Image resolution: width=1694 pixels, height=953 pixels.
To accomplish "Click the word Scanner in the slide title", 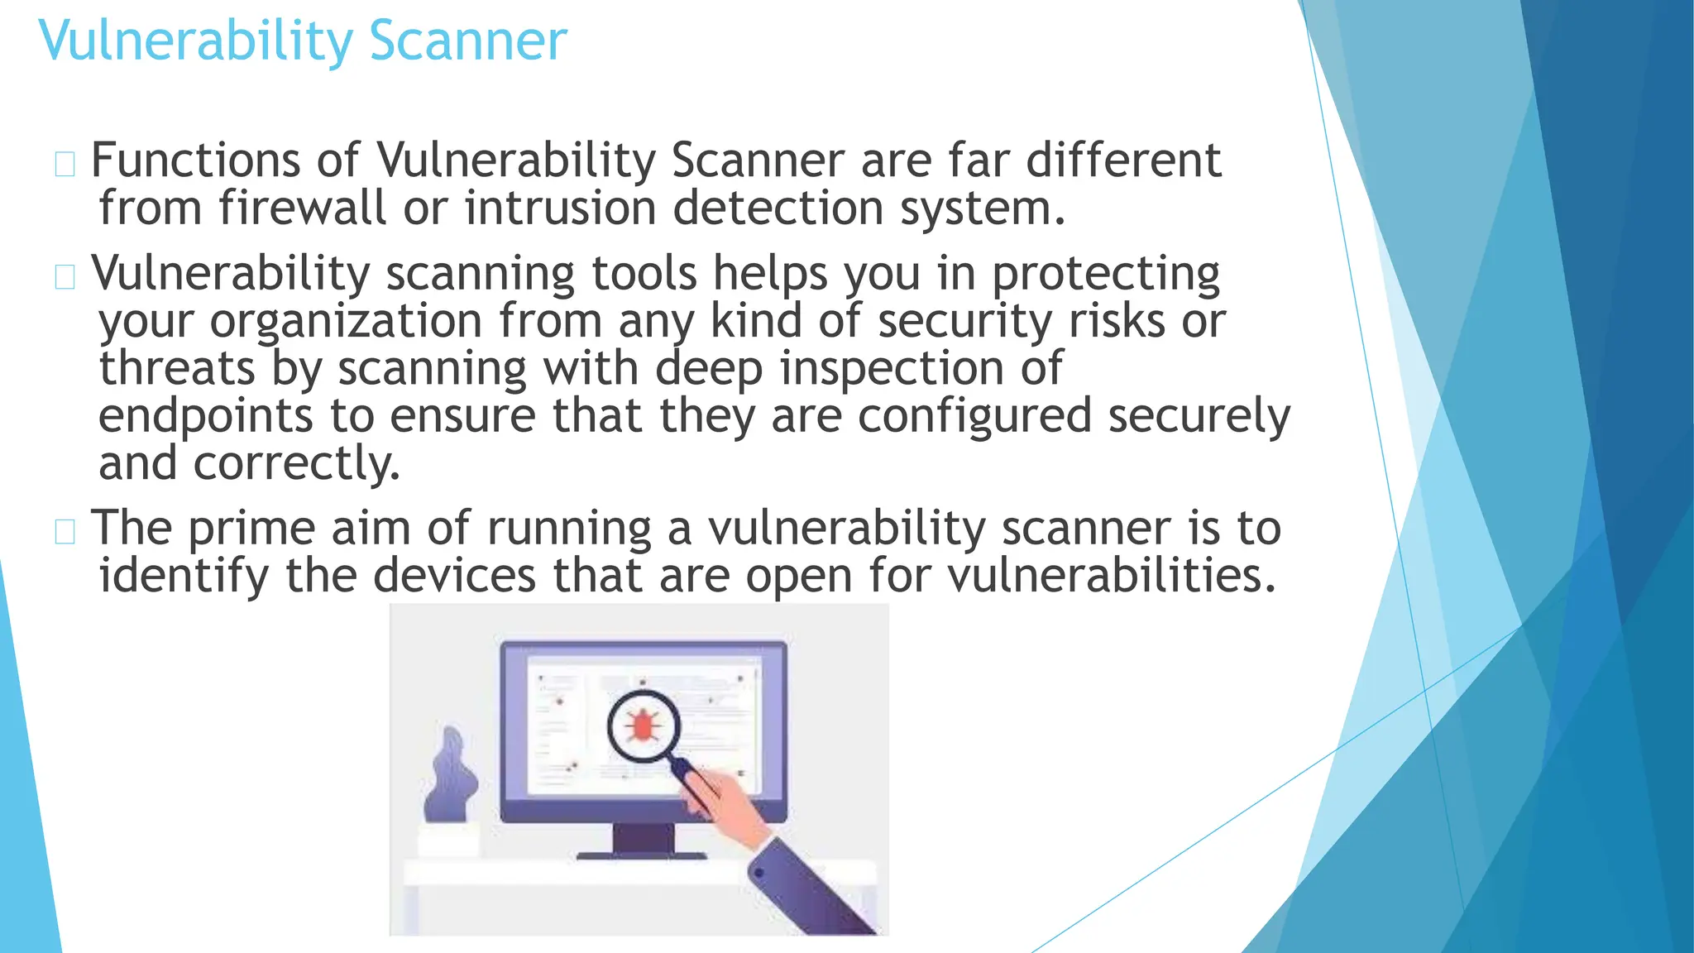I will point(468,41).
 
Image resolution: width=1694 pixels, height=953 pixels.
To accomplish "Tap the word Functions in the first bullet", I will point(195,160).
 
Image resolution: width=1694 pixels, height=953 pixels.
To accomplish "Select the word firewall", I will point(302,208).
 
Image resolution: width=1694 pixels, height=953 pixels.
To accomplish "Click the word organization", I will point(346,323).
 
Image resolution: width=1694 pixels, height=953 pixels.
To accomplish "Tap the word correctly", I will point(297,464).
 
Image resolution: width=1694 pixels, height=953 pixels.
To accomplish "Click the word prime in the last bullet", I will point(252,529).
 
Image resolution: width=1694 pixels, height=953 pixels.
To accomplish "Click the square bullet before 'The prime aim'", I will point(65,531).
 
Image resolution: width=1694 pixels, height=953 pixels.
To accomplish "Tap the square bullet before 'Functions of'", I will point(65,164).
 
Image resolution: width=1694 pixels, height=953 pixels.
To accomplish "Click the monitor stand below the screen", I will point(643,840).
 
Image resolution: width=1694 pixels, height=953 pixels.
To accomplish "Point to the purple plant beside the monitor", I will point(451,778).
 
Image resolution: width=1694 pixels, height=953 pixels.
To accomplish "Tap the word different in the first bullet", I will point(1123,160).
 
